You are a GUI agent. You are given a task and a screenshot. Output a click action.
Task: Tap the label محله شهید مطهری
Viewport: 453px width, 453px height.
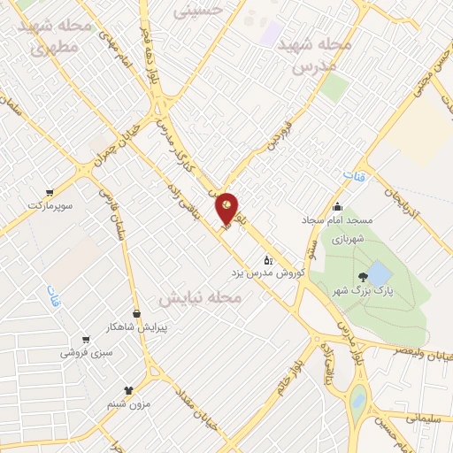pyautogui.click(x=56, y=37)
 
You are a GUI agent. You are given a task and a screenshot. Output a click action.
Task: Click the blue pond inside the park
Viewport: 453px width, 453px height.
pyautogui.click(x=378, y=273)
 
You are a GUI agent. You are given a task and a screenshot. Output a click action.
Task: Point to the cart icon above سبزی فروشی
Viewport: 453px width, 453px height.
pyautogui.click(x=85, y=339)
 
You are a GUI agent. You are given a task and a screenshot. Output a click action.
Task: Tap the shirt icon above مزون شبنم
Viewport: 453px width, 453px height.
pyautogui.click(x=129, y=389)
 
